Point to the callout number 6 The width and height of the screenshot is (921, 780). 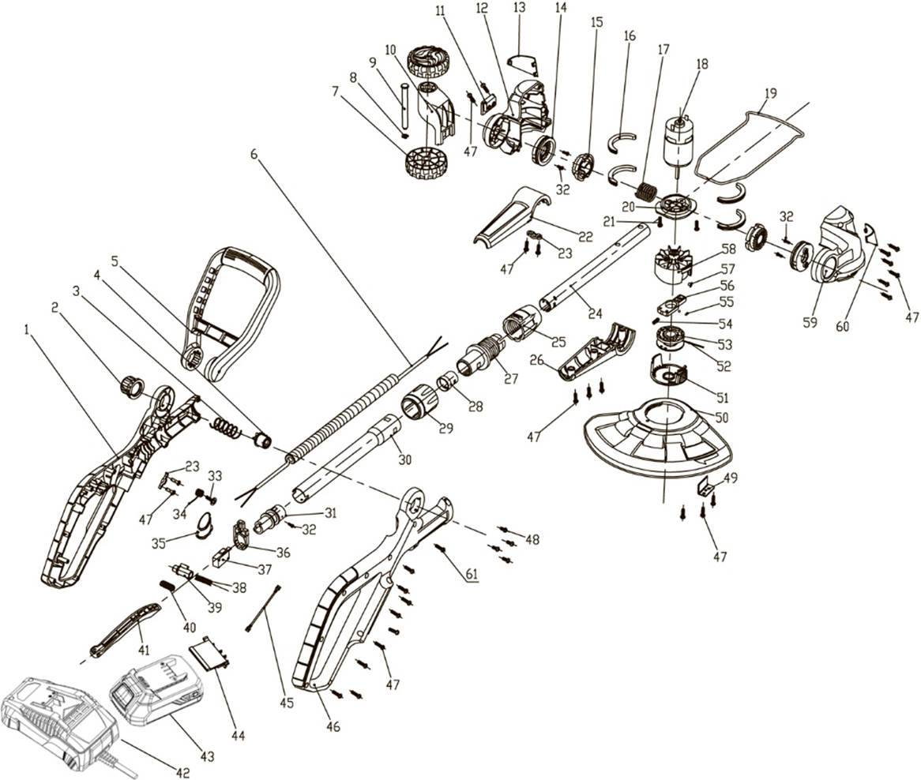[254, 154]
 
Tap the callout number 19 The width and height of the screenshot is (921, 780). [770, 93]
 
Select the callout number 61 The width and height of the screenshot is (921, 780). [472, 574]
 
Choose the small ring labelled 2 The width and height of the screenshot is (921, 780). [130, 387]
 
